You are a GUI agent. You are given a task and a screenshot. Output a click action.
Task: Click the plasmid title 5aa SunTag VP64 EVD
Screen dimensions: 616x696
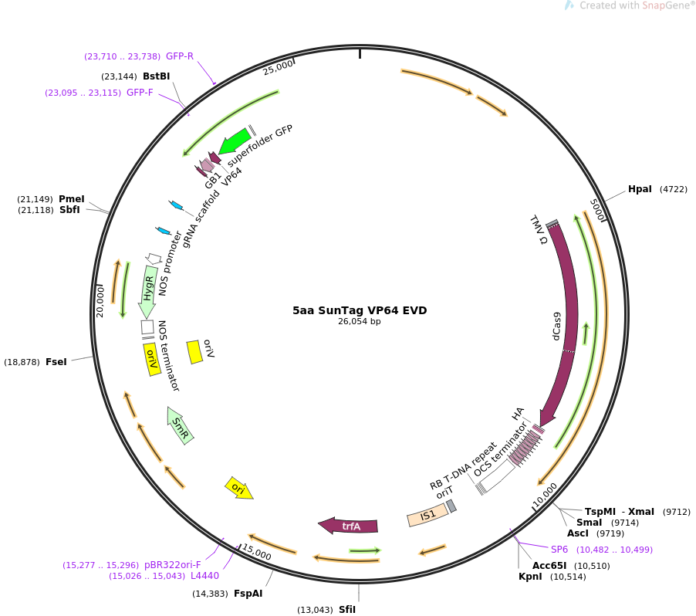point(359,310)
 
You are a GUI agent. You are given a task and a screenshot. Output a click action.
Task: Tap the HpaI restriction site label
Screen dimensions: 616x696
point(640,189)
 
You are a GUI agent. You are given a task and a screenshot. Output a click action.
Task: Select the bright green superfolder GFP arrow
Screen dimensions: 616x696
point(235,142)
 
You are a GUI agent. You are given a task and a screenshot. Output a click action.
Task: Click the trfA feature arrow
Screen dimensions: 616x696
point(349,526)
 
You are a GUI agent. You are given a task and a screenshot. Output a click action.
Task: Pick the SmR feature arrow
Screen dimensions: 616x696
point(181,425)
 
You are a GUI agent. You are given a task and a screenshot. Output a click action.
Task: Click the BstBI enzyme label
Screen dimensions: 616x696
point(156,76)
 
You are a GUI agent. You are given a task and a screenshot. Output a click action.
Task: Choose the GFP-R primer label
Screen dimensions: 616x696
point(180,56)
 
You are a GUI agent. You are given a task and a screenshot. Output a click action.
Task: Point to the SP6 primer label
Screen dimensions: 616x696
point(559,550)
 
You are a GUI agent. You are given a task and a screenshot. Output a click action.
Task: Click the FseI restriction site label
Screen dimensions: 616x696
point(56,362)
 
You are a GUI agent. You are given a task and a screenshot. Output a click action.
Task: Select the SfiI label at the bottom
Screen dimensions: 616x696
point(347,610)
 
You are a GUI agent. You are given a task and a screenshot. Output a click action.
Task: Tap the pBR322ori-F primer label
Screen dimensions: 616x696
point(183,565)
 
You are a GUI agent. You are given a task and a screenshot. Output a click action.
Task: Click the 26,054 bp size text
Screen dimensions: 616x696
point(359,322)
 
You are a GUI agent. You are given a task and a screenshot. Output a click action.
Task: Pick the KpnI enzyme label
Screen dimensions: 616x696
point(530,577)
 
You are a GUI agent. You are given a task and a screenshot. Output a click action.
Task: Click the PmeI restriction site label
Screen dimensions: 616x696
point(72,199)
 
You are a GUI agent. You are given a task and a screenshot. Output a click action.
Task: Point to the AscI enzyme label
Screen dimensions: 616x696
point(578,533)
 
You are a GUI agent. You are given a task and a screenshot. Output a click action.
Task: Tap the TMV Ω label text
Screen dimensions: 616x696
point(538,230)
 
